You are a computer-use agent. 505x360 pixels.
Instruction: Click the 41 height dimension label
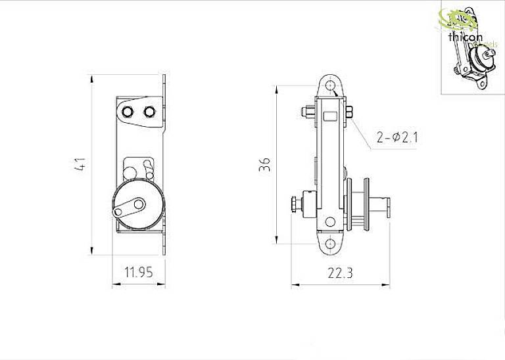pos(80,164)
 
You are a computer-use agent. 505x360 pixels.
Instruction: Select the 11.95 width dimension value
pos(139,271)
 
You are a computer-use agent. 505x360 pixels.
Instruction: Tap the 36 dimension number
pos(265,164)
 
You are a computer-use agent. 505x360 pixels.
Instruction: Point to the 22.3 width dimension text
pos(340,273)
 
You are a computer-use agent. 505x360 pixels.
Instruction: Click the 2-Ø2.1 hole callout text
pos(398,137)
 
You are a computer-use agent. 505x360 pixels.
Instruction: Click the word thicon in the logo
pos(465,39)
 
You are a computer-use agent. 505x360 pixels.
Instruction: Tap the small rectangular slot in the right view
pos(330,118)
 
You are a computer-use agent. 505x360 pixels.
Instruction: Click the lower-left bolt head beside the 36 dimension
pos(293,205)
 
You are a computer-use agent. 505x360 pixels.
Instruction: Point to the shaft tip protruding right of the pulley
pos(390,208)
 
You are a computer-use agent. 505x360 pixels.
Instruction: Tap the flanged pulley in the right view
pos(362,205)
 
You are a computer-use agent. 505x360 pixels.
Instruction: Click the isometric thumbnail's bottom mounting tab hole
pos(482,84)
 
